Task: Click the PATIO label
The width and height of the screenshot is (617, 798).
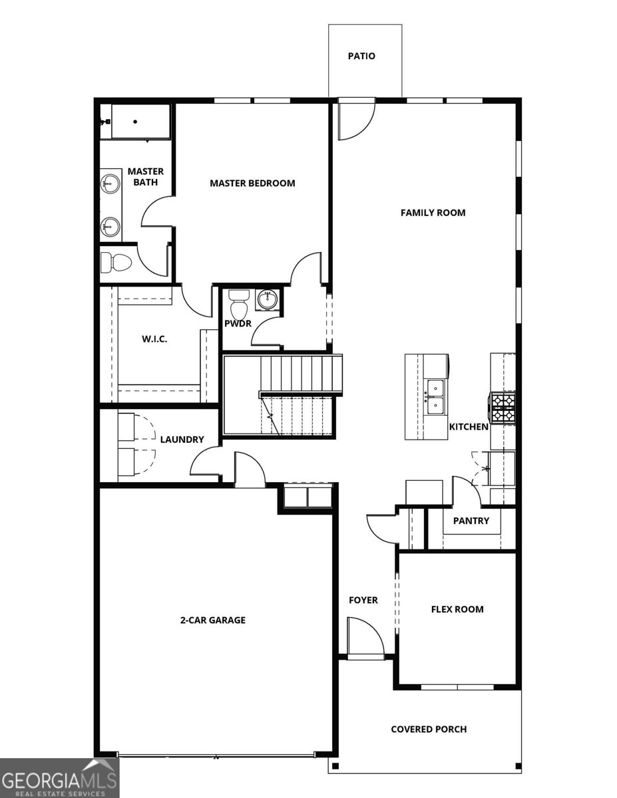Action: [361, 57]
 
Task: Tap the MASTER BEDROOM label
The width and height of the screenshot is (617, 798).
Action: [252, 183]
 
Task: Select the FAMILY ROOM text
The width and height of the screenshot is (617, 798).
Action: [433, 213]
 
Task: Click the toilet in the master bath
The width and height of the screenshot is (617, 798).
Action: [115, 263]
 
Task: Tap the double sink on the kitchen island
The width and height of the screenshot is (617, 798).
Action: [436, 396]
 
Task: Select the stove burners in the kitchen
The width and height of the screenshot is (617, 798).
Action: [503, 407]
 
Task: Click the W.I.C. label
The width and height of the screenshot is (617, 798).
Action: [154, 339]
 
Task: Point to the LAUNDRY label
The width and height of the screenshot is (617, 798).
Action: [182, 440]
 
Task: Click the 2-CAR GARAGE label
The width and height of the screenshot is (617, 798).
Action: [212, 620]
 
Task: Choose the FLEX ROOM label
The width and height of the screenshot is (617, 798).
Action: [457, 609]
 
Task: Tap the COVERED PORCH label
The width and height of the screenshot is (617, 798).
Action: [429, 730]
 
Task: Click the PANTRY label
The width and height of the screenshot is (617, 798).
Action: [471, 521]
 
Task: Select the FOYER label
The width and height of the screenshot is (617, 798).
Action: [363, 600]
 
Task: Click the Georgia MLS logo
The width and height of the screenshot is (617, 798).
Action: [59, 778]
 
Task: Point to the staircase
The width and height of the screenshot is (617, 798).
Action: [283, 396]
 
